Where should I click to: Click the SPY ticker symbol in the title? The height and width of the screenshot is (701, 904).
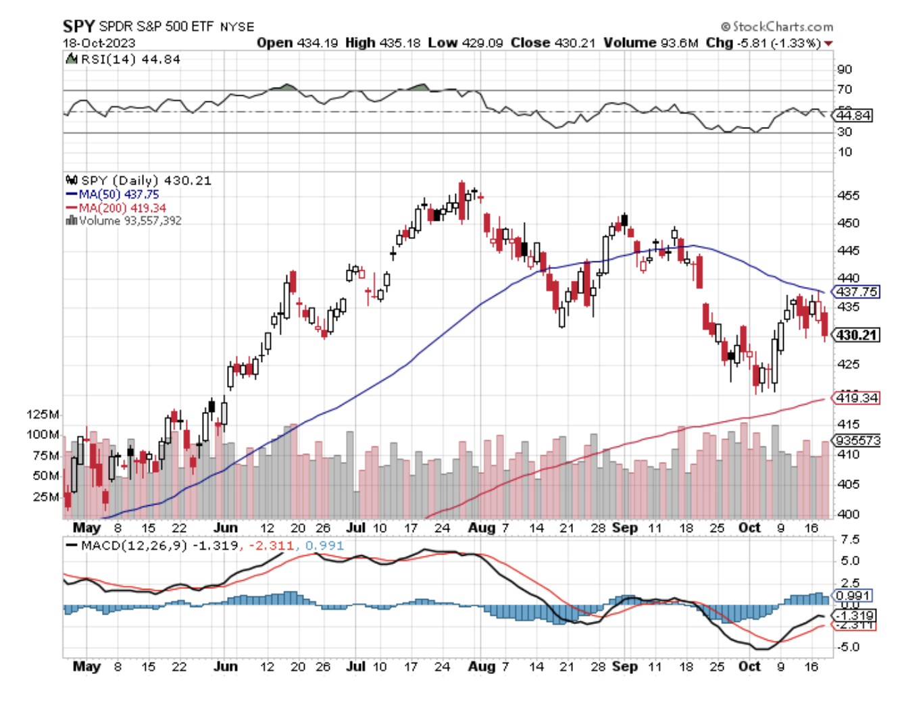pyautogui.click(x=78, y=26)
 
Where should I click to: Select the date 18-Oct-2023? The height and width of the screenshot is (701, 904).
pyautogui.click(x=99, y=43)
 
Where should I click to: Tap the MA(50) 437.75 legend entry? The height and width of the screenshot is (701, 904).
pyautogui.click(x=119, y=194)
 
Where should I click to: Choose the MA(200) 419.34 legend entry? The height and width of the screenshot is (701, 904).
pyautogui.click(x=122, y=208)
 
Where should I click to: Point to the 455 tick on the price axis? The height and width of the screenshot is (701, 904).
pyautogui.click(x=848, y=196)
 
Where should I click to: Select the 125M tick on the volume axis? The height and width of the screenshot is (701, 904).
pyautogui.click(x=43, y=414)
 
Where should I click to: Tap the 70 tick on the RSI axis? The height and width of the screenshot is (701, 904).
pyautogui.click(x=845, y=90)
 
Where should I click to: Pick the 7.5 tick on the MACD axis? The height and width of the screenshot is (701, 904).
pyautogui.click(x=850, y=540)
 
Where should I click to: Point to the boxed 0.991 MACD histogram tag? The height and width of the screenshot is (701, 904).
pyautogui.click(x=853, y=596)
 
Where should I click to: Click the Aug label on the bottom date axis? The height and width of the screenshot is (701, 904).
pyautogui.click(x=481, y=666)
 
